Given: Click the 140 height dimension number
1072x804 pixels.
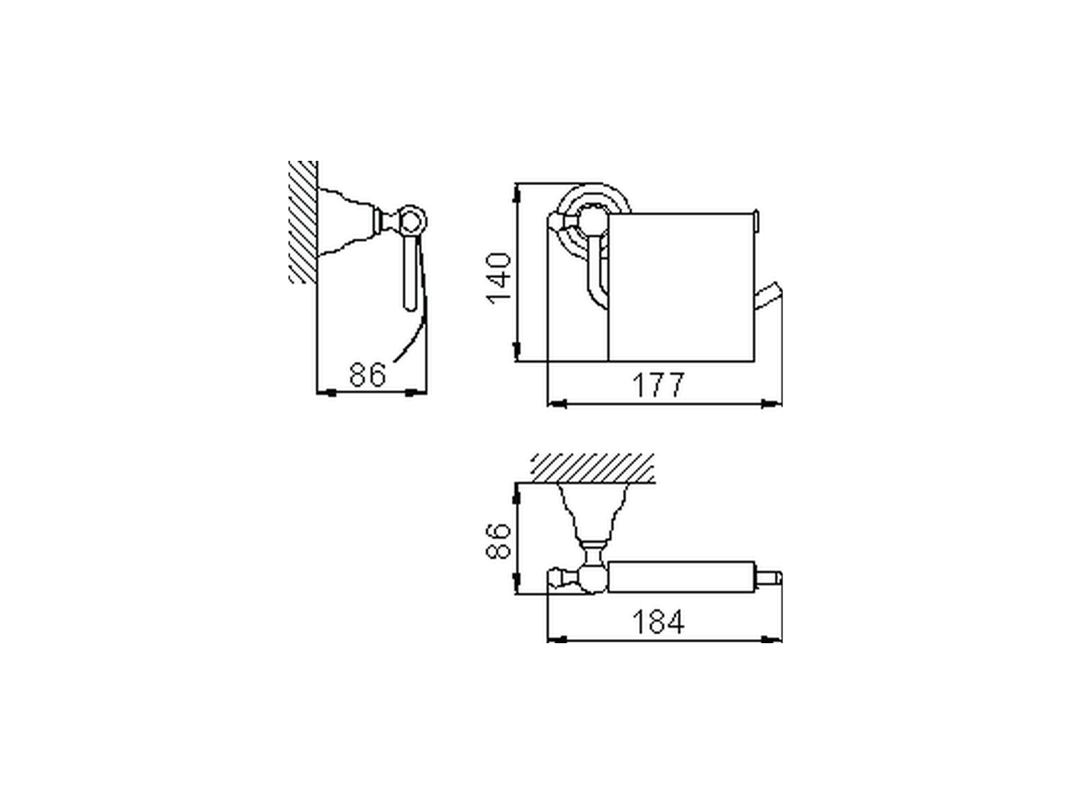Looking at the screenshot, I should (x=499, y=277).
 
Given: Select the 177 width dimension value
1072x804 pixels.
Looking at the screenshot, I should (x=657, y=385).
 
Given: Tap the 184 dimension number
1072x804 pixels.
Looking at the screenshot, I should (x=657, y=622).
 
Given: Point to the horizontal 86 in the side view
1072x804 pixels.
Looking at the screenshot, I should (x=368, y=374).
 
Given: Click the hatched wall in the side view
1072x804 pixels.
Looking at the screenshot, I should (x=303, y=222).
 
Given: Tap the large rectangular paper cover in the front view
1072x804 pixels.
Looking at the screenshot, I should (x=680, y=285).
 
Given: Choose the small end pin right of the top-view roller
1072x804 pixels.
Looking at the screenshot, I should (x=773, y=578).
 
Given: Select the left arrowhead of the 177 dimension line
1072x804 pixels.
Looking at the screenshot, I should (x=555, y=404).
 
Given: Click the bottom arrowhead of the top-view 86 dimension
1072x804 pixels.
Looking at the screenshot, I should (x=518, y=585).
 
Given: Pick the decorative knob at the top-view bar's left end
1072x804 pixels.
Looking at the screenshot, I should (x=555, y=577).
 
